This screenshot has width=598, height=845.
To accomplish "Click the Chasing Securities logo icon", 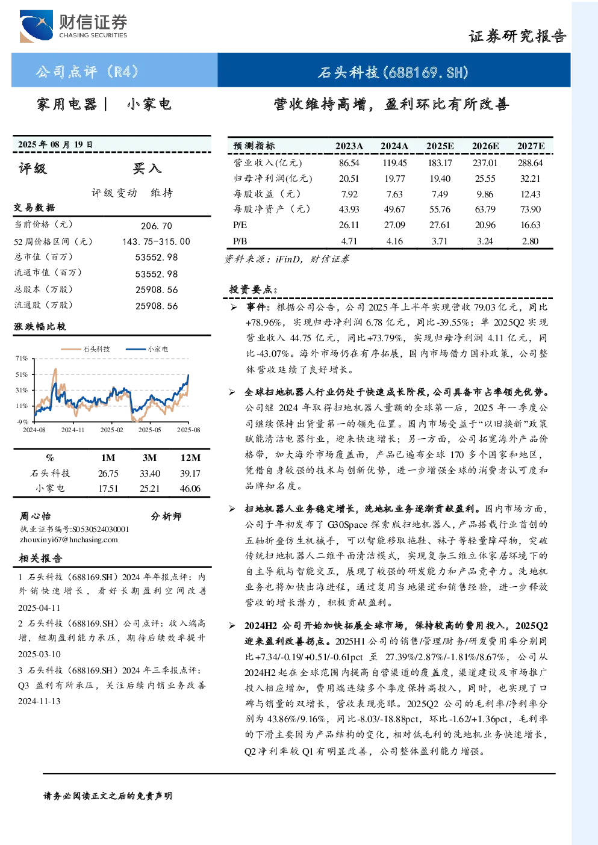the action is [36, 26].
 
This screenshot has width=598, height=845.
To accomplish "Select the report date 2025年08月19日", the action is [55, 144].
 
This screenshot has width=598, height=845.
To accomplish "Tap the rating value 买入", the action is [147, 169].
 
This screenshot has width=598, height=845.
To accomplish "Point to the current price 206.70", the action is [157, 226].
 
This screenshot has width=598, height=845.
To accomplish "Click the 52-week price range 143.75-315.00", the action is [157, 241].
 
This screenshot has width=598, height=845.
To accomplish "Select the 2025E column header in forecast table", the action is [440, 146].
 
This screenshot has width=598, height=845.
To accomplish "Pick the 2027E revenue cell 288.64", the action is [531, 163].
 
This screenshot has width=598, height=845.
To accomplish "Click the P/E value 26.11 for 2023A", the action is [349, 225].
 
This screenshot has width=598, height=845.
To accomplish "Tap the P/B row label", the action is [240, 241].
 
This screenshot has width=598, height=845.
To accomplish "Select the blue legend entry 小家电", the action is [147, 349].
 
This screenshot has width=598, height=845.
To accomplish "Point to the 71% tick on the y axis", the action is [22, 358].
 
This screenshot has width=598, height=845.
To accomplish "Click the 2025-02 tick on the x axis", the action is [112, 430].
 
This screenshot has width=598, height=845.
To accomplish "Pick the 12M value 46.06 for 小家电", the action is [190, 489].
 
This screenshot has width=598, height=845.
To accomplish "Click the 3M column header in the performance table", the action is [149, 457].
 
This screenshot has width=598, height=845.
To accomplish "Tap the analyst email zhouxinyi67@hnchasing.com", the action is [69, 540].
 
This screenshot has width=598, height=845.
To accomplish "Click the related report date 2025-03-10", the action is [39, 654].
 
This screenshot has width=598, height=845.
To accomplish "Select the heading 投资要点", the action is [254, 289].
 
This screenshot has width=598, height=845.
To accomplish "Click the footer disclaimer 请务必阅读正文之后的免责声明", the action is [108, 796].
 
